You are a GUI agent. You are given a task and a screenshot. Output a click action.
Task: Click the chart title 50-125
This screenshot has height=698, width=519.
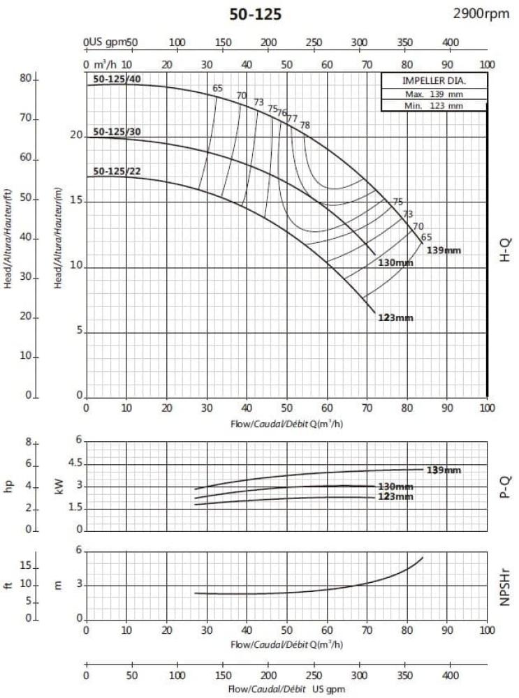click(256, 15)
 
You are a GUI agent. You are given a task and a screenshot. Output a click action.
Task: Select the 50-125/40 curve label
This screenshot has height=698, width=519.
click(117, 79)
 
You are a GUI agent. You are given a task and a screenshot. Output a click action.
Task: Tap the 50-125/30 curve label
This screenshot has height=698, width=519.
click(117, 132)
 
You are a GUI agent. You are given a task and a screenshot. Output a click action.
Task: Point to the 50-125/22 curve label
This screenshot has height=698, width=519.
click(117, 171)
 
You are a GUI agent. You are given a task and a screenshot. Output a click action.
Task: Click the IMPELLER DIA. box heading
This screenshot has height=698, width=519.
click(434, 81)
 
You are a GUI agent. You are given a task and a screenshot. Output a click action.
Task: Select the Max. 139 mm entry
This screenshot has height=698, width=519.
click(434, 94)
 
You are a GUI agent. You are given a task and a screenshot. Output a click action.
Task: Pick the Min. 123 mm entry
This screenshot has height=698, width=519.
click(434, 105)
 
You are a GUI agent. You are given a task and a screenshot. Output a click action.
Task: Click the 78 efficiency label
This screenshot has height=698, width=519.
click(305, 126)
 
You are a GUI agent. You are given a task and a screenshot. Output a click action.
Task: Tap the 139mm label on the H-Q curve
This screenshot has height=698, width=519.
click(444, 250)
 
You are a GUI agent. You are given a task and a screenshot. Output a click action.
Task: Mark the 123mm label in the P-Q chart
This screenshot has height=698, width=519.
click(396, 496)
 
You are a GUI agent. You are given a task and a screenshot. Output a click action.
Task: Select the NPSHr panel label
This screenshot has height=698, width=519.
click(505, 586)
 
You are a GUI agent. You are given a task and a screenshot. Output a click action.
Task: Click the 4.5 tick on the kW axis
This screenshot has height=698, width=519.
click(74, 463)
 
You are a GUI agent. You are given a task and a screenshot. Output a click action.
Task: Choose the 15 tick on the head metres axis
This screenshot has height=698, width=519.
click(75, 202)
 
